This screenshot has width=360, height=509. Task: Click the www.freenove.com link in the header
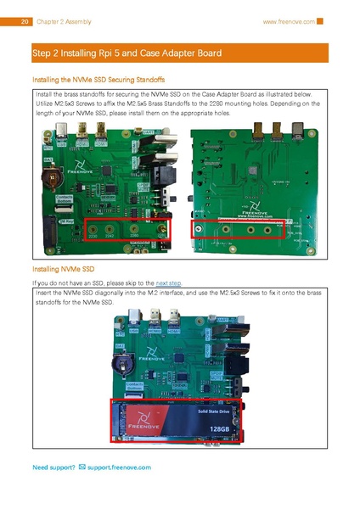(x=288, y=21)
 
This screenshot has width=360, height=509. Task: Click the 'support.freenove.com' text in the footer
(x=119, y=467)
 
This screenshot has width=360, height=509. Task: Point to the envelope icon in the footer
(x=82, y=467)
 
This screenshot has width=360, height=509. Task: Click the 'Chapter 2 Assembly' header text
(x=65, y=21)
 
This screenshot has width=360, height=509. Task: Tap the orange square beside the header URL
(x=320, y=21)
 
